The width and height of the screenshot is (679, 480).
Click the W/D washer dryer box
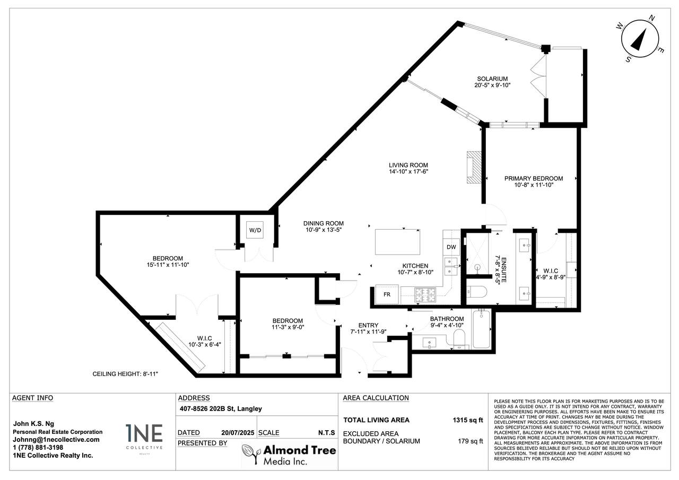(255, 230)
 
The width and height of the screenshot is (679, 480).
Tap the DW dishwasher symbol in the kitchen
(451, 247)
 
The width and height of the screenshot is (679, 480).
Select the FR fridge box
(387, 294)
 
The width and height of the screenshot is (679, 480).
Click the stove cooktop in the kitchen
(425, 295)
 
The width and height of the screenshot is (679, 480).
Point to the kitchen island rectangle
(397, 242)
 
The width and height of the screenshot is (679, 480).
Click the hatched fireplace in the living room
(474, 167)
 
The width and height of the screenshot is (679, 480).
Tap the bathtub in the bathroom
(481, 329)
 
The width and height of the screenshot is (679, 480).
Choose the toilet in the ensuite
(476, 292)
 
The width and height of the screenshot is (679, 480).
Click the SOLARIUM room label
(492, 79)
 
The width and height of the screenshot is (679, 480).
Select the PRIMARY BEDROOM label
(534, 179)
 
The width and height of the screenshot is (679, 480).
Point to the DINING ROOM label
(324, 223)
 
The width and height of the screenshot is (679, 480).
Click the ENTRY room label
(368, 325)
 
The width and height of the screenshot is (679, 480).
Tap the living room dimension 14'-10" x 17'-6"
(408, 171)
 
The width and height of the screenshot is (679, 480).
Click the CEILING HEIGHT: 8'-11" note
(125, 374)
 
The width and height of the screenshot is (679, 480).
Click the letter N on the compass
(651, 18)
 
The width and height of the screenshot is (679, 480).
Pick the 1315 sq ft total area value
(468, 420)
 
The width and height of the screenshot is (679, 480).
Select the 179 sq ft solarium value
(470, 441)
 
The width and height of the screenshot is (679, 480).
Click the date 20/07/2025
(238, 433)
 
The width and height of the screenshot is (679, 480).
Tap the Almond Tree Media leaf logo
(251, 453)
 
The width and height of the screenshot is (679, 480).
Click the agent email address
(56, 439)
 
